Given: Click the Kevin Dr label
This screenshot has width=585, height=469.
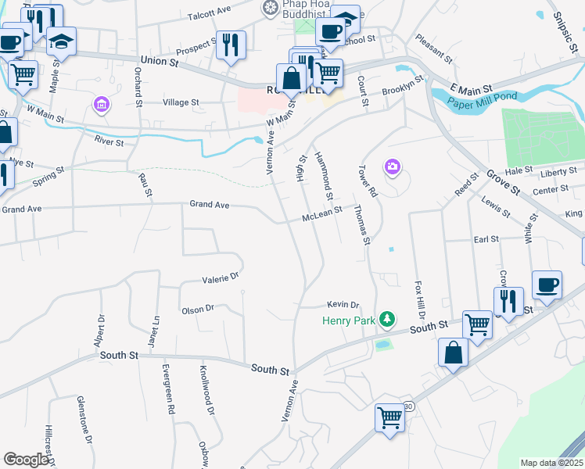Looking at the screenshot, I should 343,305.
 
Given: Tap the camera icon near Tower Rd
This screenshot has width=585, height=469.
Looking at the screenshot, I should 392,166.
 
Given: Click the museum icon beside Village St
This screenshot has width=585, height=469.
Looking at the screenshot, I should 100,103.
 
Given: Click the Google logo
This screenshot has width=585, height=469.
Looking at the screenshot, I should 26,459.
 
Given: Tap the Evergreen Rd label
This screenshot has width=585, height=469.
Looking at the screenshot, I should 167,388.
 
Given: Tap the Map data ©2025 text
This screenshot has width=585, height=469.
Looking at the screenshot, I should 551,463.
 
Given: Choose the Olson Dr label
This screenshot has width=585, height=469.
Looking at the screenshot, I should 198,309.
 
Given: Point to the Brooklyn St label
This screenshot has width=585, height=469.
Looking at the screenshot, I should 403,86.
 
